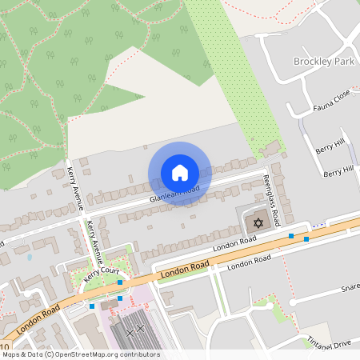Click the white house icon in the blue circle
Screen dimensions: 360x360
[180, 173]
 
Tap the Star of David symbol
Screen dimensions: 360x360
[258, 222]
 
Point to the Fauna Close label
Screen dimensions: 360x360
[332, 98]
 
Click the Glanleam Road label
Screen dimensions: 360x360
[174, 193]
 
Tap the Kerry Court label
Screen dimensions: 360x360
[99, 278]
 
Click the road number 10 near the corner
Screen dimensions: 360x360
[5, 346]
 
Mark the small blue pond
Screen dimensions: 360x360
[30, 258]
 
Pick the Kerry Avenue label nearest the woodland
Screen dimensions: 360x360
[75, 187]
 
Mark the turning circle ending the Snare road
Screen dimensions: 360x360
[294, 302]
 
